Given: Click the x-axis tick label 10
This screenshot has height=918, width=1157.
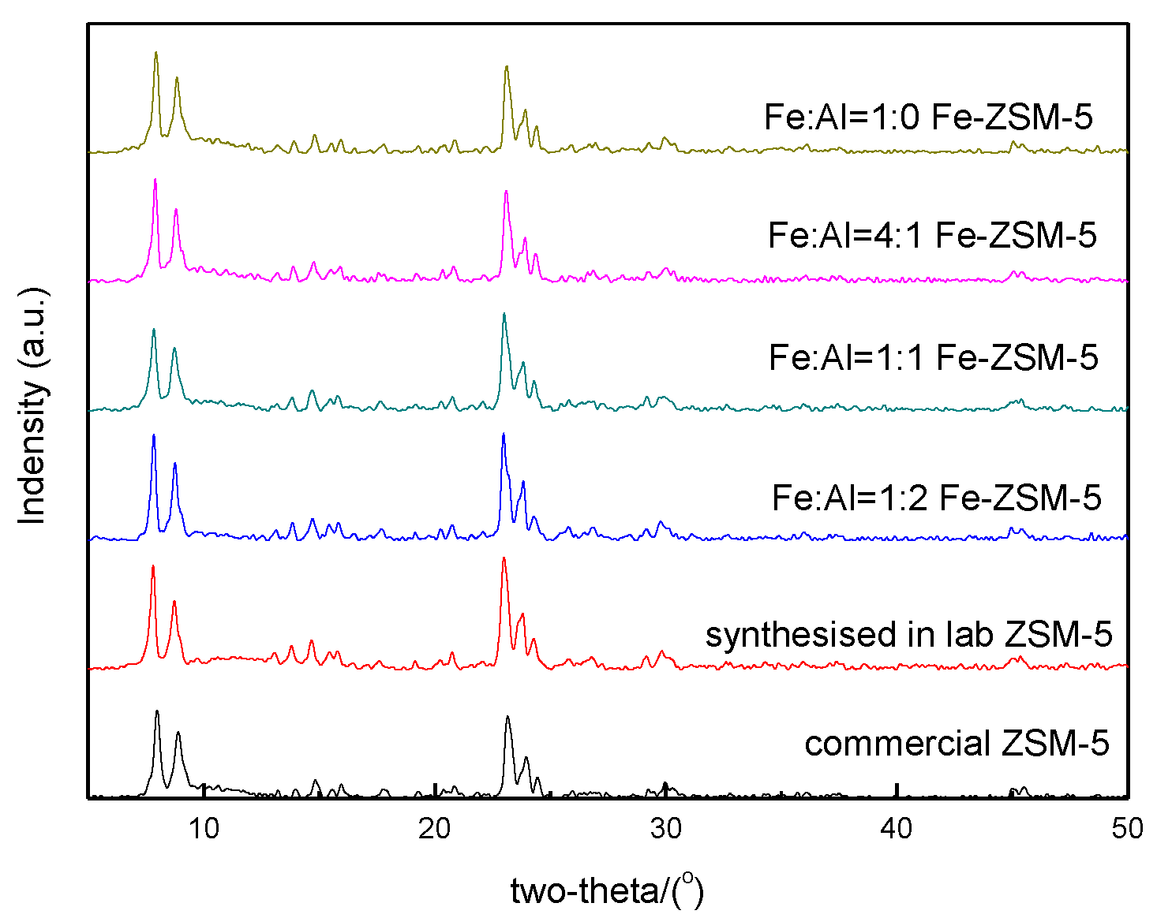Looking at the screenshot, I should pos(204,828).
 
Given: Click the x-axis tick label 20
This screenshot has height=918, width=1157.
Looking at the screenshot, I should pos(435,828).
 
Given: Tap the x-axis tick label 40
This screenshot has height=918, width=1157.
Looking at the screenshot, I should pos(897,828).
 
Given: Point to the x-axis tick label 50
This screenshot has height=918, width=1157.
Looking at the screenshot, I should pos(1127,828).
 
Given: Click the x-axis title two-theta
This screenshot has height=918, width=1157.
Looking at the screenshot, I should pos(606,891).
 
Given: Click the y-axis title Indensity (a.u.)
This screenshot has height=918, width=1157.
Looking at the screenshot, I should pos(33,407).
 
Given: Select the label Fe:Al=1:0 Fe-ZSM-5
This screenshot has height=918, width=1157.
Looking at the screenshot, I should pos(928,117).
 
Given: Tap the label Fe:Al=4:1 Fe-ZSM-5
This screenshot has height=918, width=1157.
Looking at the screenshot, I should pos(932,235).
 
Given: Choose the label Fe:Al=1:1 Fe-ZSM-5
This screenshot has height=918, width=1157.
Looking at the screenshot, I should pos(934,357).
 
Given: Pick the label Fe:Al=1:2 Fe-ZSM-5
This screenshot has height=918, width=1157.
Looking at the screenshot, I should pos(936,498).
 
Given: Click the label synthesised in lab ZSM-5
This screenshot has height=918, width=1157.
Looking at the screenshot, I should pos(908,634).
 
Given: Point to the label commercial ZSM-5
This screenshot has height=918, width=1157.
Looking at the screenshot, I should pos(957,743).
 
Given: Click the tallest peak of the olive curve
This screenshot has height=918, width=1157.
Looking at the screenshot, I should pos(155,53).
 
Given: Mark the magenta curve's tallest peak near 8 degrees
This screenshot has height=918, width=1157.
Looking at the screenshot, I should pos(155,179).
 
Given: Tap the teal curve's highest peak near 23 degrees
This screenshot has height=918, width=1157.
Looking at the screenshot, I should pos(504,314).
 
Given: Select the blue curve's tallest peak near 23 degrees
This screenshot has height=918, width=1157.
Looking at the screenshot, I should pos(503,434).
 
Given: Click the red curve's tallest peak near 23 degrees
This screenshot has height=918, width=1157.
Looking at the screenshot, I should pos(503,558).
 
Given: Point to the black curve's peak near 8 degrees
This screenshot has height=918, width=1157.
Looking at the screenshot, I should pos(157,711).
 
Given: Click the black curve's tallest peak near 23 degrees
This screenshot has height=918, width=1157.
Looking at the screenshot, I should pos(507,717).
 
